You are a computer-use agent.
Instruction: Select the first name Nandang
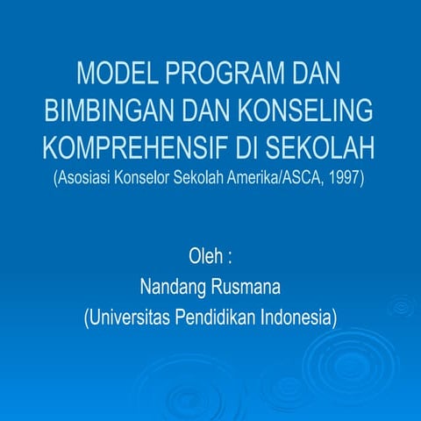click(172, 287)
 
